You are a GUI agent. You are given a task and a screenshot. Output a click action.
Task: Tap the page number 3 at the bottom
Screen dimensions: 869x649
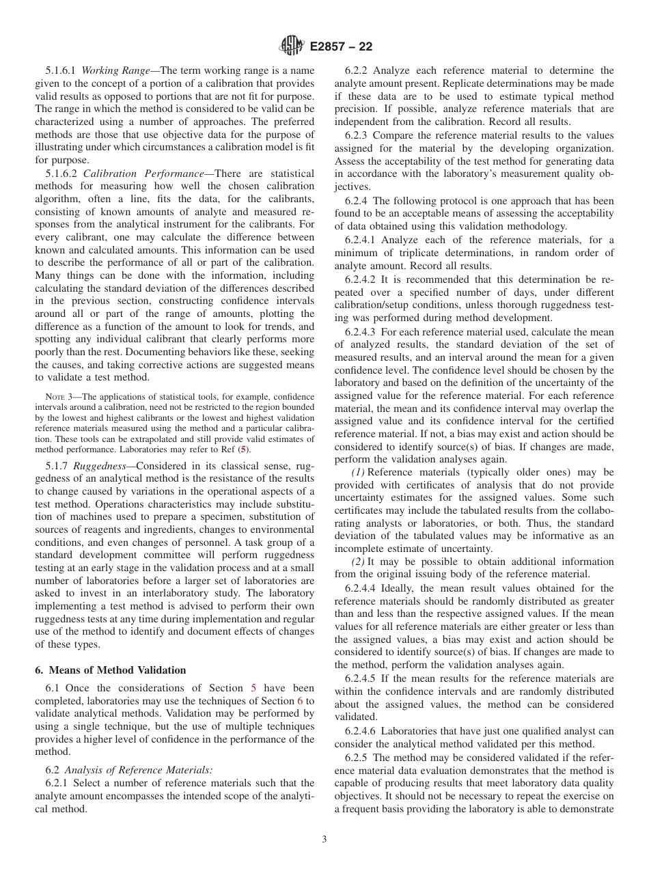[x=324, y=839]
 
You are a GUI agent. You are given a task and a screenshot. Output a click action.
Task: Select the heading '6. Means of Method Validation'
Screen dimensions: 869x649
[x=110, y=670]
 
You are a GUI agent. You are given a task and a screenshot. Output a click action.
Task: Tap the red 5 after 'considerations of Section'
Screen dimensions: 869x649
[x=253, y=688]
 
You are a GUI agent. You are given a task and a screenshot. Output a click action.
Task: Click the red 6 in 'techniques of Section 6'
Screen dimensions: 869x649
[x=299, y=701]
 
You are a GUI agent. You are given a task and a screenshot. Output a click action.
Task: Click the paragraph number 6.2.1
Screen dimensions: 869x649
[x=58, y=783]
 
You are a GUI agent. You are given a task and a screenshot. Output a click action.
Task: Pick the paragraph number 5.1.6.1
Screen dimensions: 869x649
[x=62, y=70]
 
